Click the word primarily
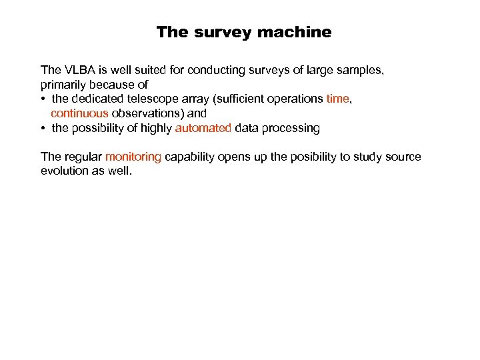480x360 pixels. click(x=63, y=85)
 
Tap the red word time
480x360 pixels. click(x=338, y=99)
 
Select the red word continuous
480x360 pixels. click(x=79, y=113)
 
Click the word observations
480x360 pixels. click(x=149, y=113)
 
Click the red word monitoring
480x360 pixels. click(x=133, y=157)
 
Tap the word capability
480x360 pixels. click(x=191, y=157)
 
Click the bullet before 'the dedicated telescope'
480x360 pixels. click(x=43, y=99)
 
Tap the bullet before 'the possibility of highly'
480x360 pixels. click(x=43, y=128)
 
